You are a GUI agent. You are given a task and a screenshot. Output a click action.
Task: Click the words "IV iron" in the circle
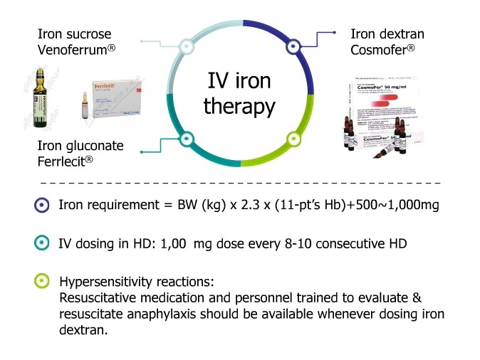[239, 80]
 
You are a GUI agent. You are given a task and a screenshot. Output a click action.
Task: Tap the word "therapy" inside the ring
[239, 107]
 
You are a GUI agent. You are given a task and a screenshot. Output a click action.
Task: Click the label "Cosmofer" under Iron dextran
[380, 50]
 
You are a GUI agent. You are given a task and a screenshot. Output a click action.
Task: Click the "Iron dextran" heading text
[387, 33]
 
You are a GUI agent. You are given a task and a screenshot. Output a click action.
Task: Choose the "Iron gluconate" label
[80, 146]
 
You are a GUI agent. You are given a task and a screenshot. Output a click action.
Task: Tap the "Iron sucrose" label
[74, 33]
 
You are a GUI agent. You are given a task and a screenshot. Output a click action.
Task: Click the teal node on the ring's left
[187, 138]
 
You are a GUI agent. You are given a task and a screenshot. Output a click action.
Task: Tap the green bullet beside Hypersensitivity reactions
[42, 280]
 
